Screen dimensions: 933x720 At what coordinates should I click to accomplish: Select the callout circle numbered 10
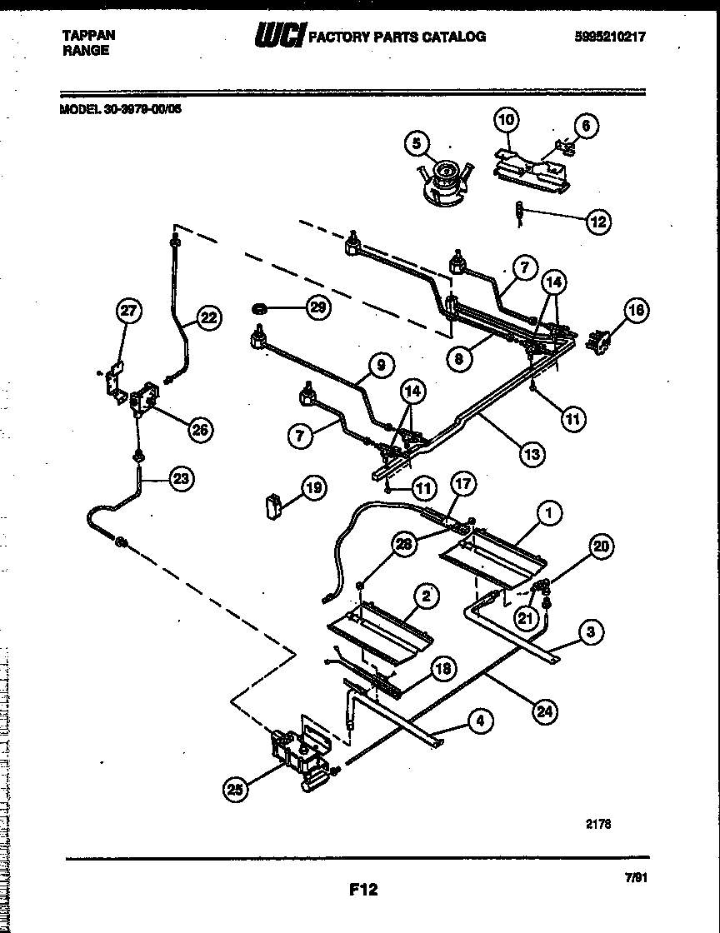507,121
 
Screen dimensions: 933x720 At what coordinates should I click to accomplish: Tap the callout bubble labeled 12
597,222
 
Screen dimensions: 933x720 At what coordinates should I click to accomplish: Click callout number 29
317,308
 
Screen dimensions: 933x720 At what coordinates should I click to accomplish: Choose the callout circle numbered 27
127,312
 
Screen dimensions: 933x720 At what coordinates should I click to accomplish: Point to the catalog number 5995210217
610,36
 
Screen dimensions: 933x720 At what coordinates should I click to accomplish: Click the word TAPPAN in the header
89,35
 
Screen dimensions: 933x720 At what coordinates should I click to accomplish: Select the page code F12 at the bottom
363,890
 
